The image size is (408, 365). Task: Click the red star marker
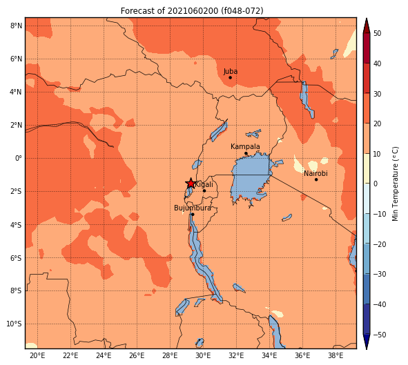191,184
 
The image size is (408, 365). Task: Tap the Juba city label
231,72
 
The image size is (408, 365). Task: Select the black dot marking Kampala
246,153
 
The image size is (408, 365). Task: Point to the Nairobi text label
315,173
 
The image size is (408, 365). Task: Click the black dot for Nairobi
316,179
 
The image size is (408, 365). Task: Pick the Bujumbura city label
193,208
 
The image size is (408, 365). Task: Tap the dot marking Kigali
204,191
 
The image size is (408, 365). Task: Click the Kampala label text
245,147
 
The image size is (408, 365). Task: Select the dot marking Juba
231,77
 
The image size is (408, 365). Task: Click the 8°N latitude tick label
16,26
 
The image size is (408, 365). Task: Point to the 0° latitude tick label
19,158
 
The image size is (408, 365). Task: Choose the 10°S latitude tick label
14,324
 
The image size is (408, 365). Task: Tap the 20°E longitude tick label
37,355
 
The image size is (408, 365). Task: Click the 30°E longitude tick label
203,355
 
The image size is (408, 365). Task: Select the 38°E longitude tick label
336,355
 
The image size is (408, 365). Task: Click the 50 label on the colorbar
377,34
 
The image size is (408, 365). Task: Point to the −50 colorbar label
380,335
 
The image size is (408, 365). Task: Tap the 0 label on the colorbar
376,184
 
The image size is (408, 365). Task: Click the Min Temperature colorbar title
396,184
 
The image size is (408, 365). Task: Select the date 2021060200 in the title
193,11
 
